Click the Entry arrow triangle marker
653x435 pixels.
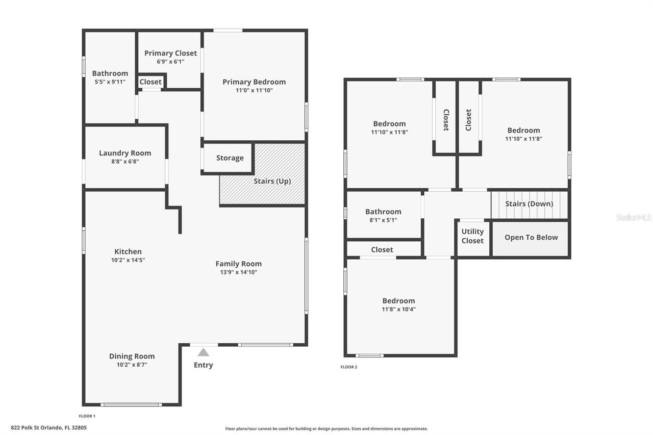coord(203,352)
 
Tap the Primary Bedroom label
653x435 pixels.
coord(254,82)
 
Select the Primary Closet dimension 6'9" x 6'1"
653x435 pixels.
coord(170,62)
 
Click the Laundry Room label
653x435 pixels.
coord(125,153)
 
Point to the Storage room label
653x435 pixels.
coord(230,158)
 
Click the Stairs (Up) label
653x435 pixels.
coord(272,181)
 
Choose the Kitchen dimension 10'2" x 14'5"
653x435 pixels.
coord(128,260)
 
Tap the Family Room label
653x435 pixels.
coord(238,264)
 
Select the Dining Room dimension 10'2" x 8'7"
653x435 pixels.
coord(132,365)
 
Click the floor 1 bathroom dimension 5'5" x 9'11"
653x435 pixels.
coord(110,82)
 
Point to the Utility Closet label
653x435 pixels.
coord(472,236)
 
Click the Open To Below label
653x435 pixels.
coord(531,238)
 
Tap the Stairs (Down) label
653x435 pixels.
coord(529,204)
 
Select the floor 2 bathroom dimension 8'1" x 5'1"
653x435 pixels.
coord(383,220)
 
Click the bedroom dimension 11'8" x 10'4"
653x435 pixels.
coord(398,309)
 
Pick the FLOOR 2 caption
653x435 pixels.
coord(349,367)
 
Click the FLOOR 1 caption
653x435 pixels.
coord(87,416)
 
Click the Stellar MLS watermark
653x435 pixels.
coord(634,217)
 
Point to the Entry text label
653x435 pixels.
coord(203,365)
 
